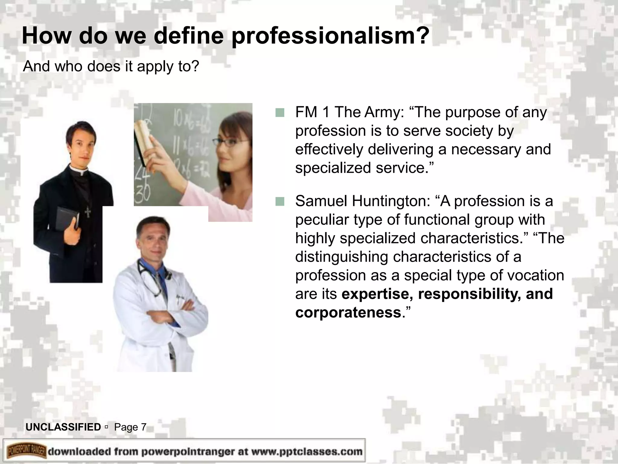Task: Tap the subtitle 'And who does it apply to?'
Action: tap(111, 66)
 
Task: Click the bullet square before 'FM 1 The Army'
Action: tap(280, 113)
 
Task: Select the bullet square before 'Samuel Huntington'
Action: tap(280, 201)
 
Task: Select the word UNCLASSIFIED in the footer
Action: tap(63, 427)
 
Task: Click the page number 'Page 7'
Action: tap(130, 427)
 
